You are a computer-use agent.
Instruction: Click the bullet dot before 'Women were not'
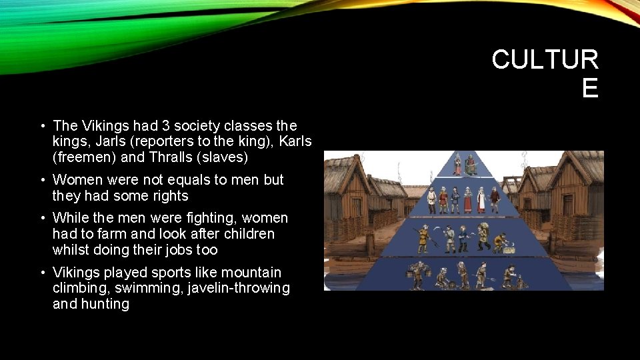pos(42,180)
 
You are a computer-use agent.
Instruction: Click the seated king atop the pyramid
pos(471,165)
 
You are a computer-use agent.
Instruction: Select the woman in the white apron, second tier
pos(469,199)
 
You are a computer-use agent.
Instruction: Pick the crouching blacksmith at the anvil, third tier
pos(499,241)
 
